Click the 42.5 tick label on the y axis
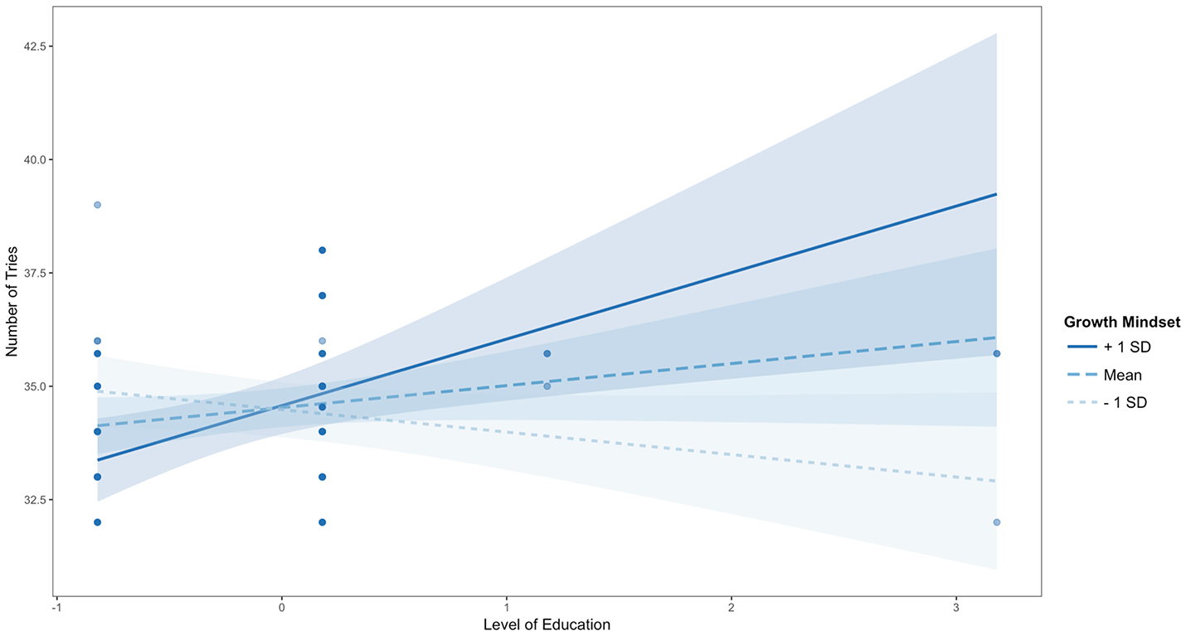click(x=31, y=46)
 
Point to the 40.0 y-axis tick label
click(x=31, y=159)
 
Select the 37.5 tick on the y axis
click(x=31, y=273)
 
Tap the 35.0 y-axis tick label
click(x=31, y=386)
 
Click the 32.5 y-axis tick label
click(x=31, y=500)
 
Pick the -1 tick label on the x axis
click(x=55, y=607)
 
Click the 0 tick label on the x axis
click(x=281, y=607)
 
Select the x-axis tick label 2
click(x=731, y=607)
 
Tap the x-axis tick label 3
click(x=955, y=607)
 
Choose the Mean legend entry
click(x=1121, y=375)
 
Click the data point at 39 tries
click(x=97, y=205)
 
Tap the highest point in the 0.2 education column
click(x=322, y=250)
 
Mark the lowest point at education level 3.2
click(x=996, y=522)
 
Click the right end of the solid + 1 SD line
click(x=996, y=194)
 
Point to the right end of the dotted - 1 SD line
click(x=996, y=481)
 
